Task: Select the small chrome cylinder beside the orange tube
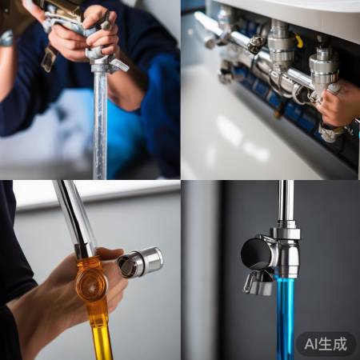pos(142,262)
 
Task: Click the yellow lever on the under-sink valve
pos(297,40)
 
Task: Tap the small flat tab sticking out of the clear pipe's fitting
pos(120,65)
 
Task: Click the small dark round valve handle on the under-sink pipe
pos(255,45)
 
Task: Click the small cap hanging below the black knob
pos(258,282)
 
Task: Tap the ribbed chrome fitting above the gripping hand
pos(324,64)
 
